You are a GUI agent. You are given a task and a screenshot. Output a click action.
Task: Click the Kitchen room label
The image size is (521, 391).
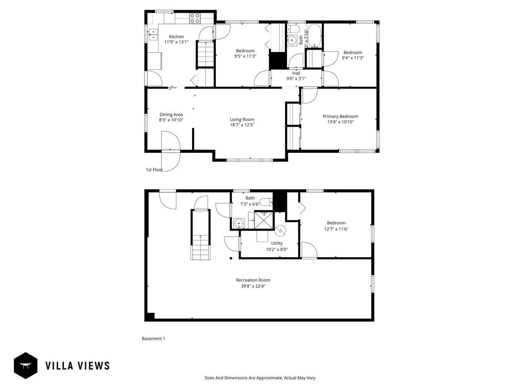tap(176, 37)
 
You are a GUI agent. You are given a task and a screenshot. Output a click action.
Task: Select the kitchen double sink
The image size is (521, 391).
tap(153, 35)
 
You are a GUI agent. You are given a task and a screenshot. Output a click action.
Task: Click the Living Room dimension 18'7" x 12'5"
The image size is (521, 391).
tap(242, 125)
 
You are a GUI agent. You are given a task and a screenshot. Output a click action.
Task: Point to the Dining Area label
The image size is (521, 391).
tap(171, 114)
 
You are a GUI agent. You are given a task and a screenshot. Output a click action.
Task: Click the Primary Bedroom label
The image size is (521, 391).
tap(340, 116)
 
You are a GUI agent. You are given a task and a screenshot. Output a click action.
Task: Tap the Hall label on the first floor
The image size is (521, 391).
tap(296, 73)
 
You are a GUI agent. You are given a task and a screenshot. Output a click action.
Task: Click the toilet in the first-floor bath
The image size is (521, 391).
tap(293, 30)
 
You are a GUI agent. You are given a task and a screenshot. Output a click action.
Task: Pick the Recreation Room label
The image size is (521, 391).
tap(253, 280)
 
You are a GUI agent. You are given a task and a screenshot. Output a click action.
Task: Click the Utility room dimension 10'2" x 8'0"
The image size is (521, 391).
tap(277, 249)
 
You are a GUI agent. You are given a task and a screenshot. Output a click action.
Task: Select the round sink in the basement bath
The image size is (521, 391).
tap(239, 223)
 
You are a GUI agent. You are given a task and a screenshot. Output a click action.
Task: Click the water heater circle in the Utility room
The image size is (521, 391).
tap(280, 231)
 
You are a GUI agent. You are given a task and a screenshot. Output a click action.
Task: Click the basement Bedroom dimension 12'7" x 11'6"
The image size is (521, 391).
tap(336, 229)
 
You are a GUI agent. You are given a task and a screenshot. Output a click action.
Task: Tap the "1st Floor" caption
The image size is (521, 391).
tap(154, 169)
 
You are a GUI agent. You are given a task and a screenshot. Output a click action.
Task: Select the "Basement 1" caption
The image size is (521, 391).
tap(153, 338)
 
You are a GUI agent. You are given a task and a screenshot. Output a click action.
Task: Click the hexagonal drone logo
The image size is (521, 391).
tap(26, 365)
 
